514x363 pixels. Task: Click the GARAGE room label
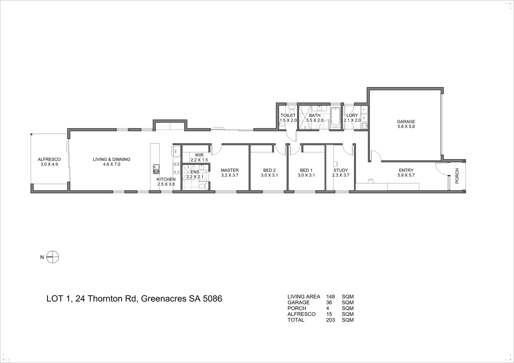(x=406, y=122)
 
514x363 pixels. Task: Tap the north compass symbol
(x=53, y=257)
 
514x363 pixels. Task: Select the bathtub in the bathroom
(x=335, y=117)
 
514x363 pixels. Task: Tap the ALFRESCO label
(x=49, y=159)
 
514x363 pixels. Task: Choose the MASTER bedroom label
(x=230, y=170)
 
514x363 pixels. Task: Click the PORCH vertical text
(x=457, y=176)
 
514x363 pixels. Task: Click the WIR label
(x=199, y=155)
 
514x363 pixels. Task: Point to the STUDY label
(x=341, y=170)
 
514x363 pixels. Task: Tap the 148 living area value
(x=331, y=297)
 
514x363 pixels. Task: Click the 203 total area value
(x=331, y=320)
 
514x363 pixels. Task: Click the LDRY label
(x=352, y=115)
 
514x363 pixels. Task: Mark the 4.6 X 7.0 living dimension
(x=111, y=164)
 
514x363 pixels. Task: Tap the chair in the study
(x=335, y=164)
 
